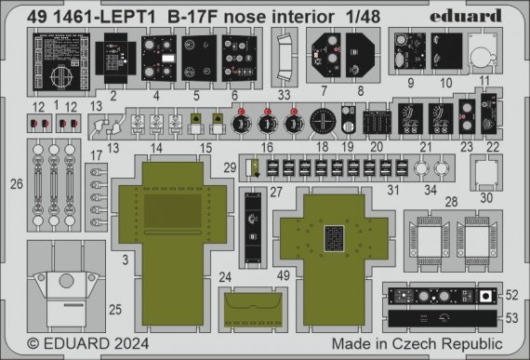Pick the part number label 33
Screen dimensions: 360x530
point(285,94)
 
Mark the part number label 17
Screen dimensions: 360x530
point(97,154)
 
